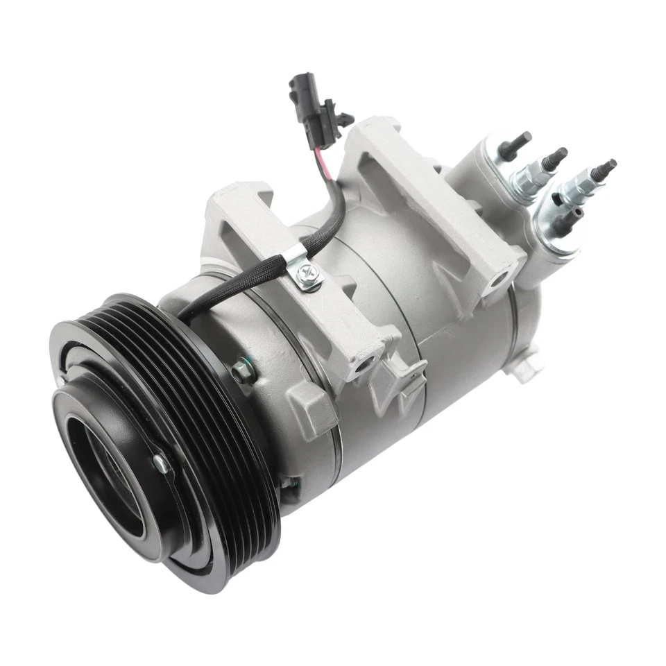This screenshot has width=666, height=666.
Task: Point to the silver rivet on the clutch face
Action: (x=160, y=463)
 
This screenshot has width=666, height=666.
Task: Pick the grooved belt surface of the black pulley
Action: (x=229, y=444)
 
